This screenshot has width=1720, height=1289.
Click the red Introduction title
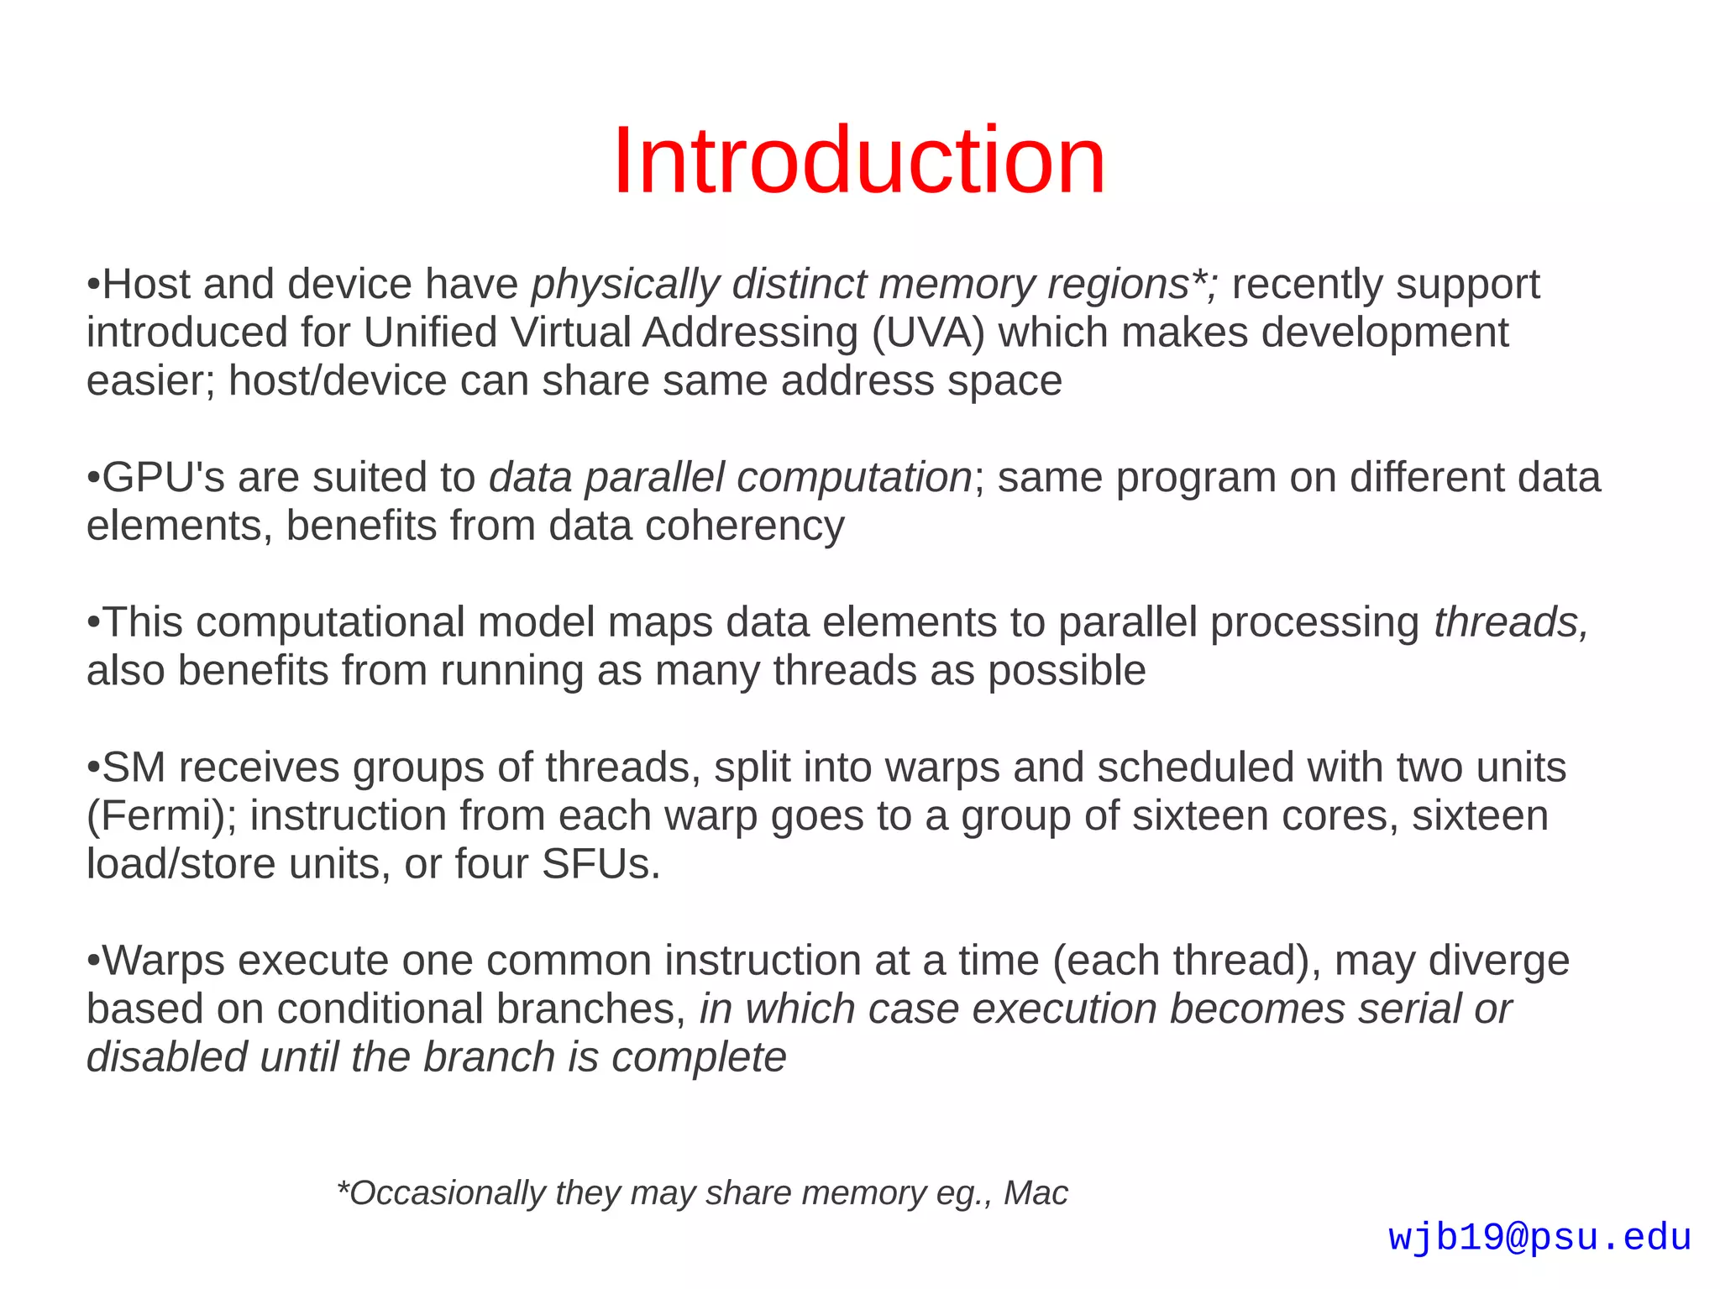click(859, 160)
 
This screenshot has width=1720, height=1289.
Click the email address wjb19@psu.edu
click(1539, 1238)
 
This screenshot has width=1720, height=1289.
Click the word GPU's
click(163, 478)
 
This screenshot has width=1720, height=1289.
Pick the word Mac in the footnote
click(1036, 1193)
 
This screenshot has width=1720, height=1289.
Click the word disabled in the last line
click(166, 1057)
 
